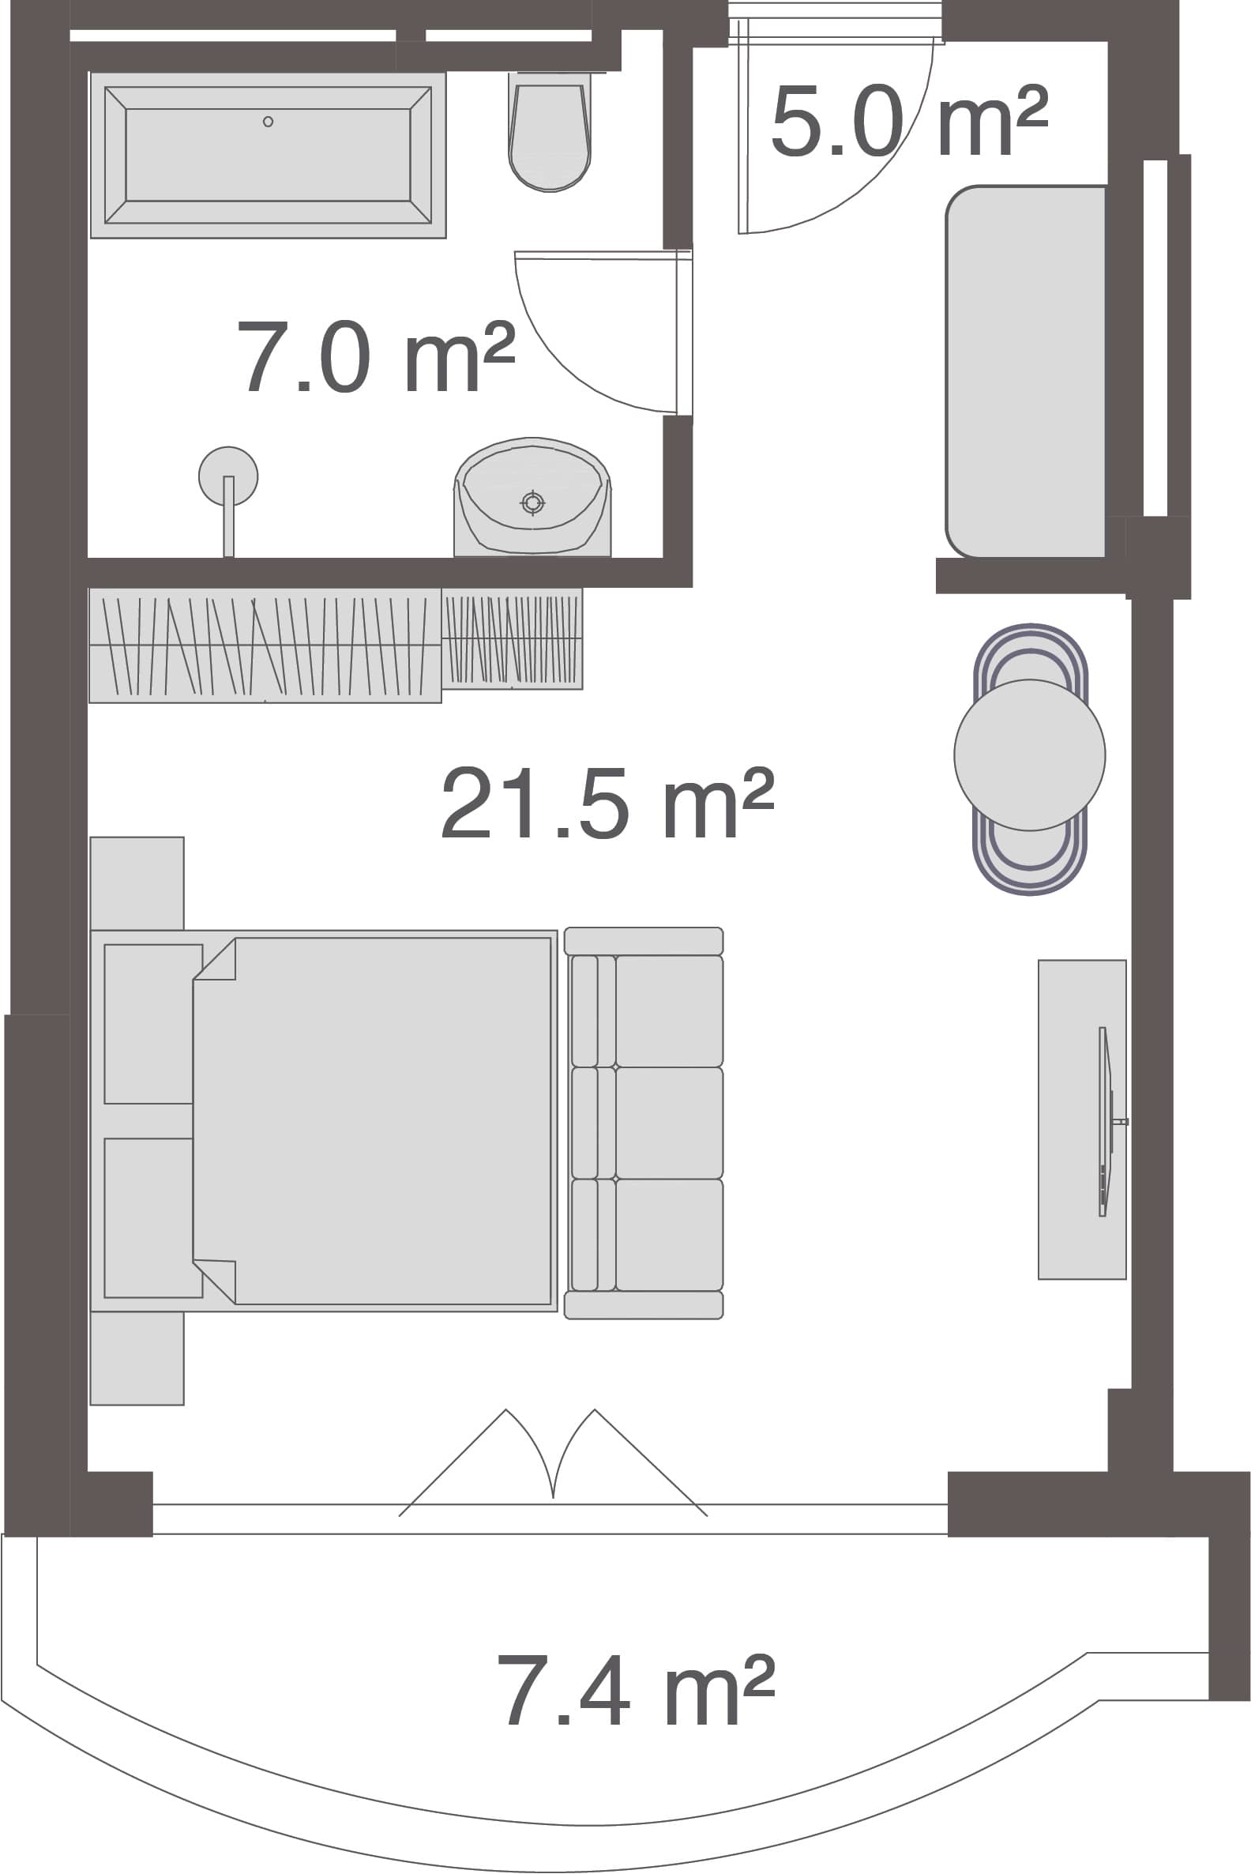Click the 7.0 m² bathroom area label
point(376,356)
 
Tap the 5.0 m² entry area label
point(910,121)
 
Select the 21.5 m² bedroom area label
point(607,802)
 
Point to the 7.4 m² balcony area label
point(636,1689)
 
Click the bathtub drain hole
point(268,122)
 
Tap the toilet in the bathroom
point(550,132)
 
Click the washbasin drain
point(533,502)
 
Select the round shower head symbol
point(228,476)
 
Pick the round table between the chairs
point(1030,755)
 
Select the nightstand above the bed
point(137,883)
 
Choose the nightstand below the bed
point(137,1357)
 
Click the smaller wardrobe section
point(513,638)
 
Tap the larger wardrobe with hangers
point(265,645)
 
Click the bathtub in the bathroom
point(268,155)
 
